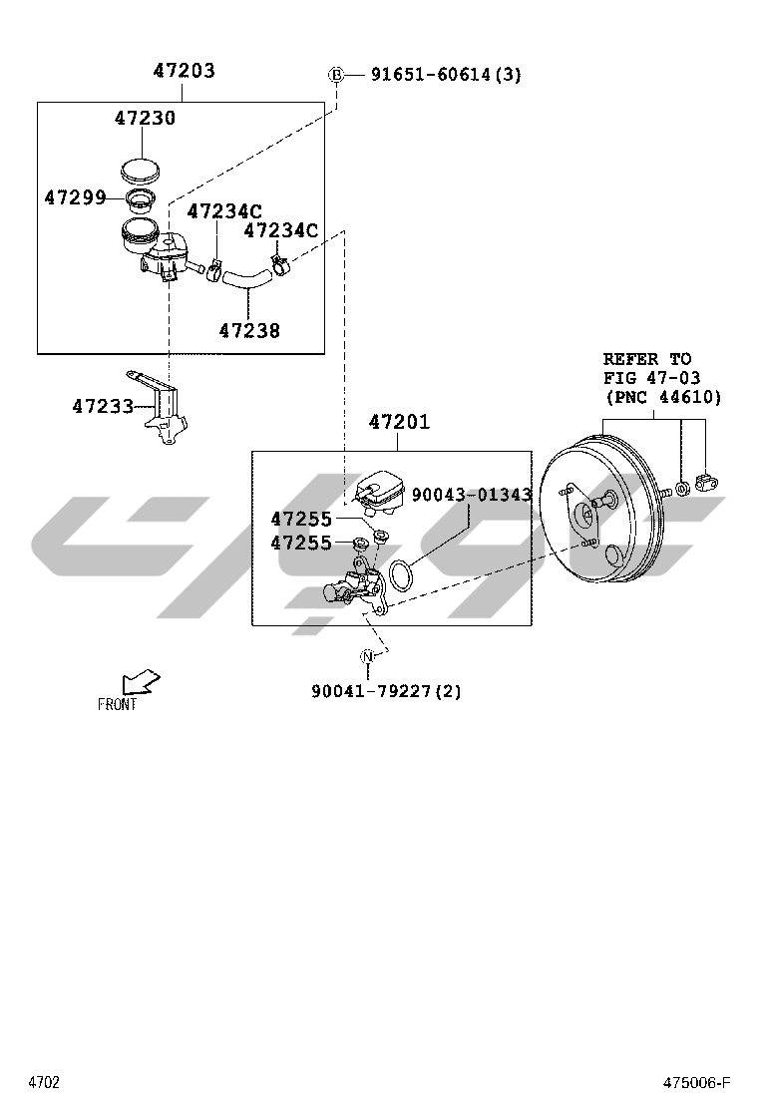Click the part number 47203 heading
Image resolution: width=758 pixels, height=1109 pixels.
coord(184,72)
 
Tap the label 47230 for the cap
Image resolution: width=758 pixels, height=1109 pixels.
coord(145,118)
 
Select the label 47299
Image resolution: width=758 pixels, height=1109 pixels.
coord(75,197)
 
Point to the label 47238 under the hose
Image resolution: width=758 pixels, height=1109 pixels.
coord(249,330)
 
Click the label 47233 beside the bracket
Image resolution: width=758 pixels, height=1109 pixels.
coord(102,406)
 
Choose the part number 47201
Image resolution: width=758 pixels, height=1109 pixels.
coord(399,422)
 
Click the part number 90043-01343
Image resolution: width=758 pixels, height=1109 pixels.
coord(471,495)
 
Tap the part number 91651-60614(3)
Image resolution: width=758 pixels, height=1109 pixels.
coord(446,74)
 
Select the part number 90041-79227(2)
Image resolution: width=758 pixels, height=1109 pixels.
coord(386,690)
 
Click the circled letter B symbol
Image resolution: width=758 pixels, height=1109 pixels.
coord(336,74)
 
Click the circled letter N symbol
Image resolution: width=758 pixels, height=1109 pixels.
coord(368,656)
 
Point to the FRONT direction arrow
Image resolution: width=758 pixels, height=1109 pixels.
coord(139,684)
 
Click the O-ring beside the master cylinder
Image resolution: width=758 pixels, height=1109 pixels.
coord(401,576)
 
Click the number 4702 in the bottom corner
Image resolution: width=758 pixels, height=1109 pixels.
coord(44,1083)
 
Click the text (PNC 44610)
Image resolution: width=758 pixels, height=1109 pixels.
coord(662,397)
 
